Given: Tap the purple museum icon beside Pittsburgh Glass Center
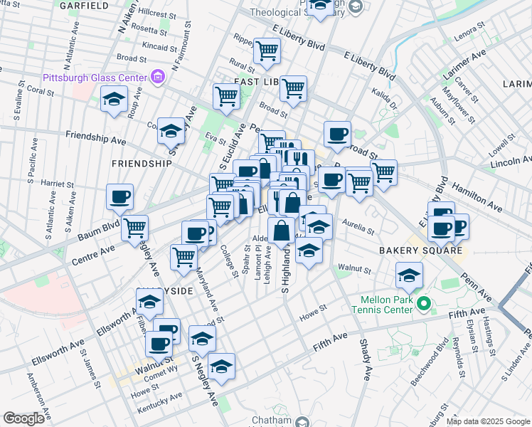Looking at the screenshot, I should pyautogui.click(x=158, y=76).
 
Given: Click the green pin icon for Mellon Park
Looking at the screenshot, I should pyautogui.click(x=425, y=305).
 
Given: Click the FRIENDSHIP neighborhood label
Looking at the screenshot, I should pyautogui.click(x=142, y=163).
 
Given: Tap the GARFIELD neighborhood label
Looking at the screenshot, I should pyautogui.click(x=84, y=6).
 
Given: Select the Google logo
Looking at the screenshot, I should pyautogui.click(x=23, y=418).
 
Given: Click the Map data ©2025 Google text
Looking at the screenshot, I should pyautogui.click(x=488, y=421).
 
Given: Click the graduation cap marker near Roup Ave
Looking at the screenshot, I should pyautogui.click(x=113, y=100).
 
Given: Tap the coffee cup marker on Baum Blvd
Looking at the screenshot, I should pyautogui.click(x=119, y=196).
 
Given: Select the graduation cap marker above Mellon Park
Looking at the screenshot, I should pyautogui.click(x=409, y=275).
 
